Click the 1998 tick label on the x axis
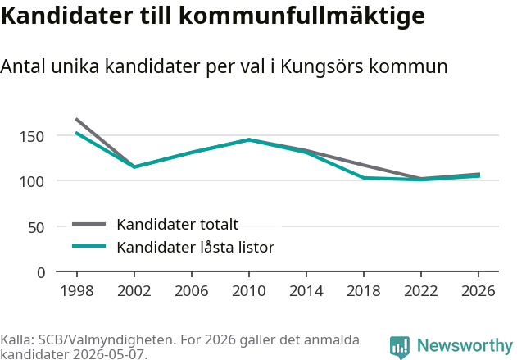[77, 290]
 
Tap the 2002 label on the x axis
[134, 290]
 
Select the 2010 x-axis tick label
[249, 290]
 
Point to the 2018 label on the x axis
[364, 290]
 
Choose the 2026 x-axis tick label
[478, 290]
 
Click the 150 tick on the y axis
[32, 136]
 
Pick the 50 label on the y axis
[36, 227]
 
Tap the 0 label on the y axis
[41, 273]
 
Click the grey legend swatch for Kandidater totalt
[89, 224]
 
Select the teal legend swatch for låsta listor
[89, 246]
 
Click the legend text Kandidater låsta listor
[196, 247]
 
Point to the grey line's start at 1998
[76, 119]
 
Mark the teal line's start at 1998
[76, 133]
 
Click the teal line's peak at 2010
[249, 139]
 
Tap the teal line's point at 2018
[364, 178]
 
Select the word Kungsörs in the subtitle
[323, 67]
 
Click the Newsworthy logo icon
[400, 348]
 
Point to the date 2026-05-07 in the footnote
[110, 354]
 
